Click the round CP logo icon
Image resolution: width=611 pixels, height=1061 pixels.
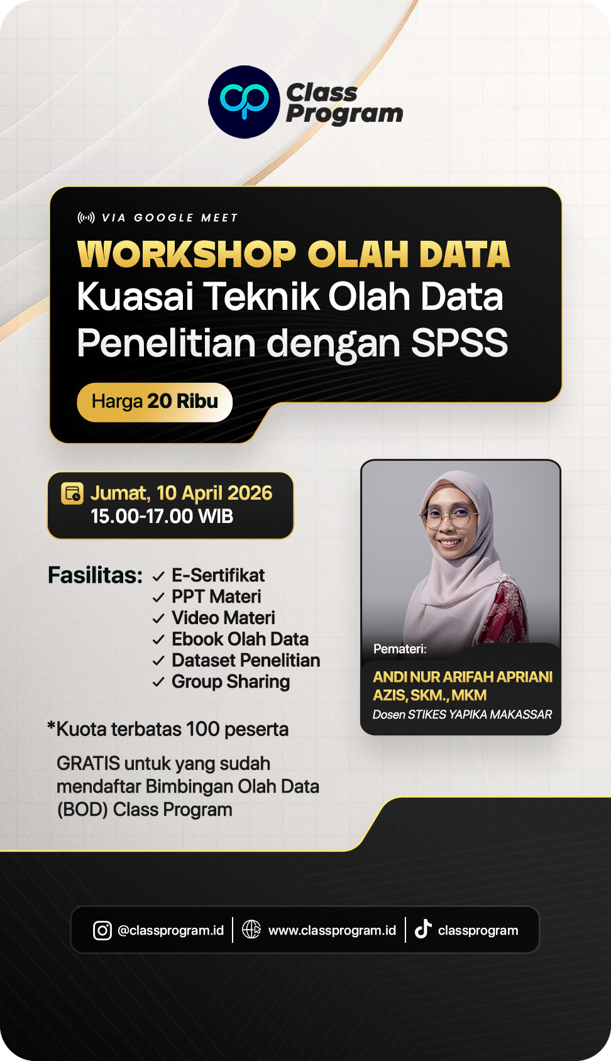pyautogui.click(x=244, y=102)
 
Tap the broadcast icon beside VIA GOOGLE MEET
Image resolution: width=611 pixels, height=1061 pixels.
pyautogui.click(x=86, y=217)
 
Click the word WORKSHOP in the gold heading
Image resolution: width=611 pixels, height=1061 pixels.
pyautogui.click(x=186, y=255)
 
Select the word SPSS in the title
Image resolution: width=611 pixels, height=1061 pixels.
pyautogui.click(x=459, y=343)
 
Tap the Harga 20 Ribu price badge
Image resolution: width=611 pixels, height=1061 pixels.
pyautogui.click(x=155, y=402)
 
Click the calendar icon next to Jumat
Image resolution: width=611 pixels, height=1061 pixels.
pyautogui.click(x=72, y=493)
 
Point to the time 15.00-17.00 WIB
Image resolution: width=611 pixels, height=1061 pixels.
pyautogui.click(x=162, y=517)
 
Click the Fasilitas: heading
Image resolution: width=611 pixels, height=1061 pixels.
pyautogui.click(x=95, y=575)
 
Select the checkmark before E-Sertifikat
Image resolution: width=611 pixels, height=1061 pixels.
pyautogui.click(x=158, y=576)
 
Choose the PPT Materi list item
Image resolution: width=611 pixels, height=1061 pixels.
pyautogui.click(x=216, y=596)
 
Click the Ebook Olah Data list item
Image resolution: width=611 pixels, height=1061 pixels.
pyautogui.click(x=240, y=639)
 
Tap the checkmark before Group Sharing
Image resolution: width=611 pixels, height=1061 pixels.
pyautogui.click(x=158, y=682)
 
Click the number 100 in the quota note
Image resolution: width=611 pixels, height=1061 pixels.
pyautogui.click(x=202, y=729)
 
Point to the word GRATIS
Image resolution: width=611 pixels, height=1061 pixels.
pyautogui.click(x=88, y=764)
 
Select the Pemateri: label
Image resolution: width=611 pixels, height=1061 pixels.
pyautogui.click(x=400, y=649)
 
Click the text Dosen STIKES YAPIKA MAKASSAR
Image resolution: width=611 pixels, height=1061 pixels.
pyautogui.click(x=462, y=715)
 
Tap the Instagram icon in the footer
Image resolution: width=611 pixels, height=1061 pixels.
pyautogui.click(x=102, y=930)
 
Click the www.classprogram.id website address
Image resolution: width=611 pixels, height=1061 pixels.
pyautogui.click(x=332, y=930)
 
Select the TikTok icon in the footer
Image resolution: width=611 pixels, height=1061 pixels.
pyautogui.click(x=423, y=929)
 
